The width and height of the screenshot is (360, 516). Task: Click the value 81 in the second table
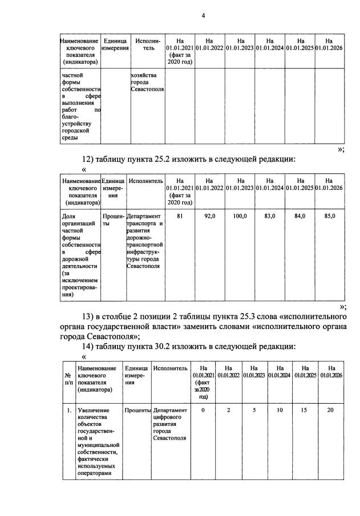pyautogui.click(x=180, y=216)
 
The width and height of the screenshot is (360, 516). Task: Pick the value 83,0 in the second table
pyautogui.click(x=270, y=216)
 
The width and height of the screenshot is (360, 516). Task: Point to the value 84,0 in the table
pyautogui.click(x=300, y=216)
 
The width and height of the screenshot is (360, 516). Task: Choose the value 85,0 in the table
pyautogui.click(x=330, y=216)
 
